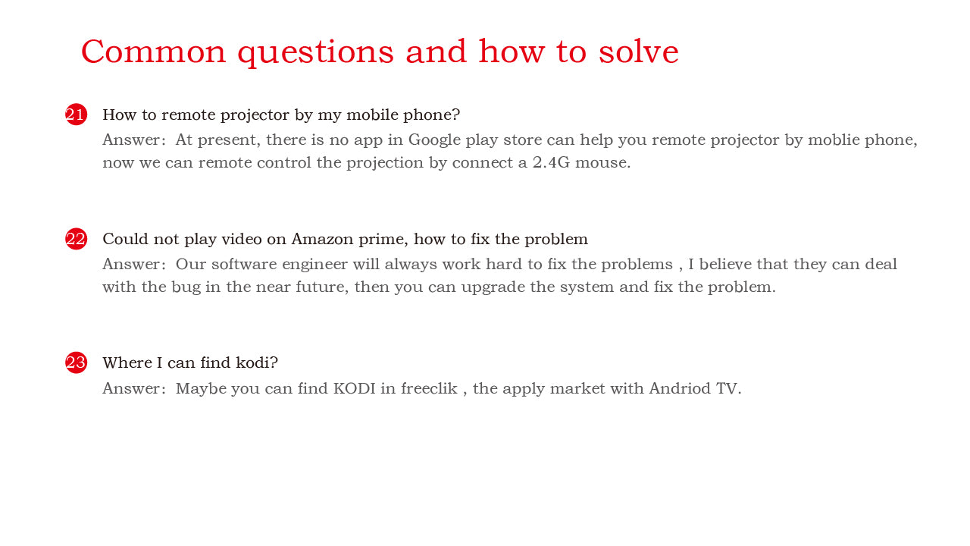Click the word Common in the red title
coord(154,52)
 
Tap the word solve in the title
coord(638,52)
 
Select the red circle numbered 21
coord(77,115)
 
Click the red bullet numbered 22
coord(77,239)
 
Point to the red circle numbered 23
coord(77,362)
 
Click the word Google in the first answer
coord(434,140)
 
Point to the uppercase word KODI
coord(354,388)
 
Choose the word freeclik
coord(429,388)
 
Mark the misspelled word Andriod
coord(680,388)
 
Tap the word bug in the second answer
coord(186,287)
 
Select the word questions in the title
coord(316,53)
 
